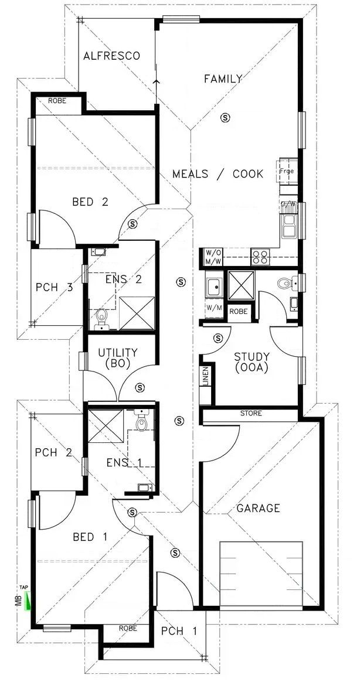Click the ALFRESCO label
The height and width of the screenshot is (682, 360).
111,56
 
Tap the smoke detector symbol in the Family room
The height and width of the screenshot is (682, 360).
225,118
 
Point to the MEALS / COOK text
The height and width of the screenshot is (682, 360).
218,174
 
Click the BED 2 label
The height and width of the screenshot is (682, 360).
90,202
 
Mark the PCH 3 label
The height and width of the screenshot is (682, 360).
55,287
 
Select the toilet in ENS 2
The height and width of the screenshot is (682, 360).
101,317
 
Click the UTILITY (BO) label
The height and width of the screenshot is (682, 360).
118,357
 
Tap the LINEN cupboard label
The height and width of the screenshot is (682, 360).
205,377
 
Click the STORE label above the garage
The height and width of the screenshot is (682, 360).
251,414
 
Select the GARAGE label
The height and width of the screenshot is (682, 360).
258,508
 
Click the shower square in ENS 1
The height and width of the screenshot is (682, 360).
106,427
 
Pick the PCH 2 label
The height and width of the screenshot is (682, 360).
53,452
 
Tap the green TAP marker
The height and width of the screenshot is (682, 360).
25,601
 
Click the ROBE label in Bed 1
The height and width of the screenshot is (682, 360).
127,628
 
